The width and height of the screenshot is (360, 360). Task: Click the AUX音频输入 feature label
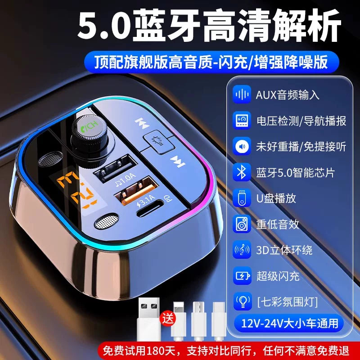[x=288, y=95]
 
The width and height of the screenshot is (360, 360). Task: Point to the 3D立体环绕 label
[x=284, y=250]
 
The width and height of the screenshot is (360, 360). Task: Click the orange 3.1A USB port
[x=132, y=186]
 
